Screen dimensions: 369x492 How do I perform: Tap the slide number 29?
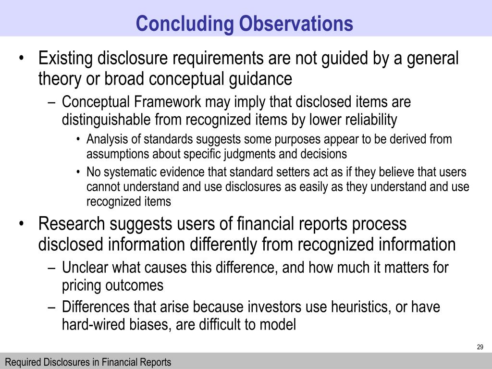(x=480, y=347)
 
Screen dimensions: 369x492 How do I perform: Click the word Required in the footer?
(x=22, y=362)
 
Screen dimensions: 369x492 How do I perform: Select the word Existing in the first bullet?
(x=66, y=59)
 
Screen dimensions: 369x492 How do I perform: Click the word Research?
(x=71, y=224)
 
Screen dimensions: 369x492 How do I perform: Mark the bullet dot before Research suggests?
(x=22, y=224)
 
